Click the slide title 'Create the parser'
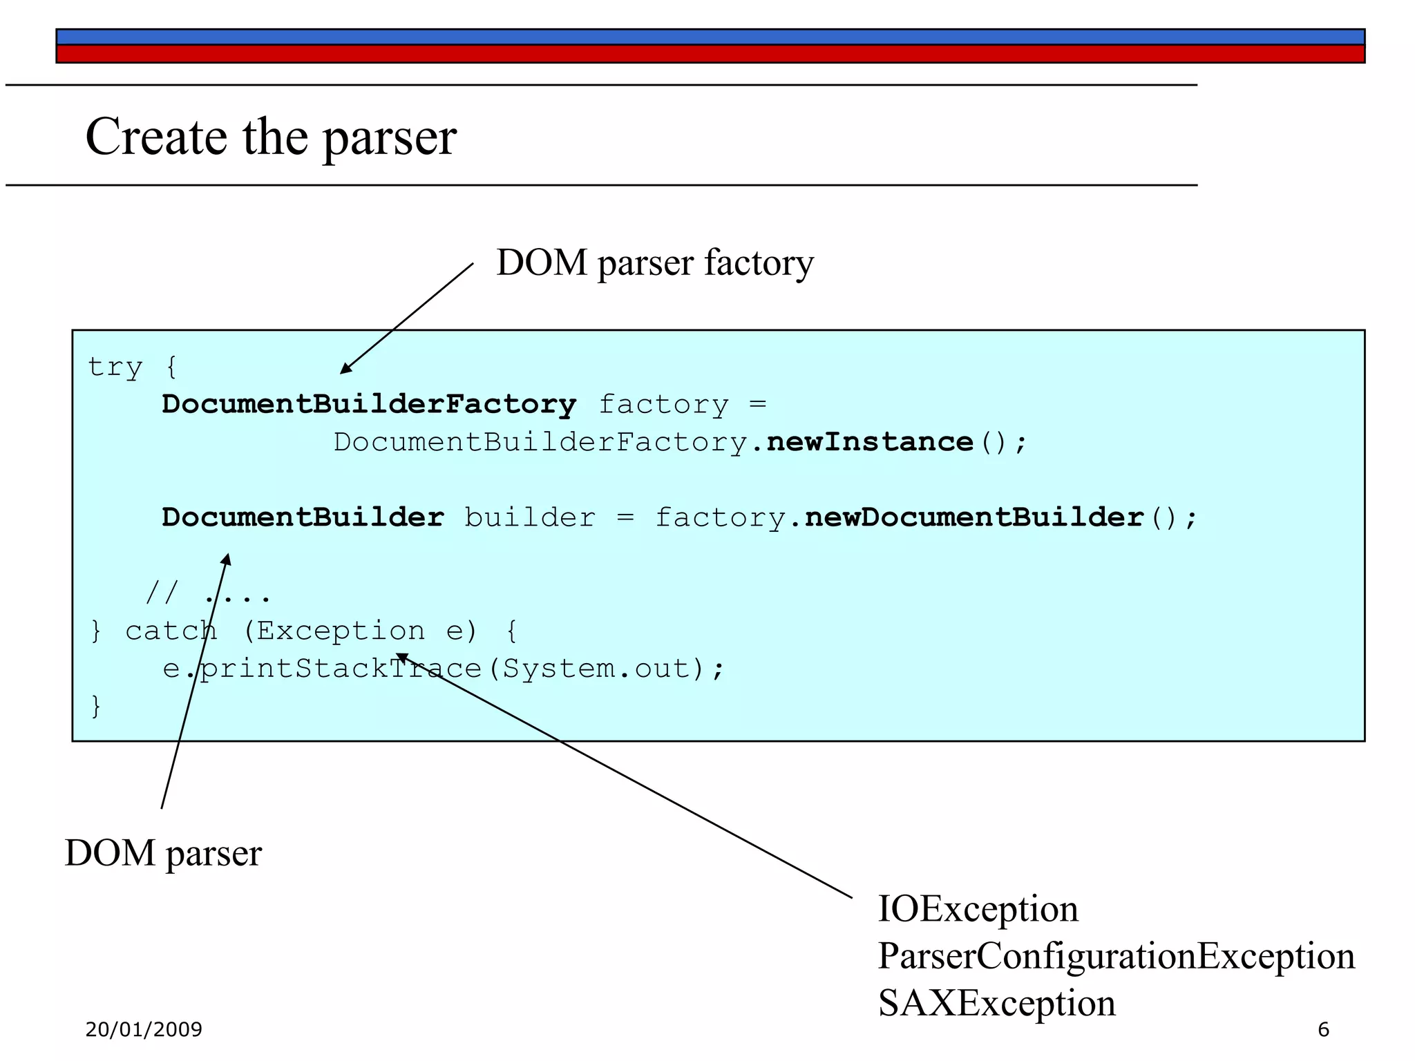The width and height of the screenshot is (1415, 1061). tap(270, 137)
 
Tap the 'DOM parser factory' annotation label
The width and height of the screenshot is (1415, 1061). tap(654, 263)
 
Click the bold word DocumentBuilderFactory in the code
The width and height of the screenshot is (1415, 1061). tap(369, 404)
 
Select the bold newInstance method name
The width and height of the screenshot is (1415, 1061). tap(870, 442)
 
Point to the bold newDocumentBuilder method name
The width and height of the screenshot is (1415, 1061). tap(974, 517)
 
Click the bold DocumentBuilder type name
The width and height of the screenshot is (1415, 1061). tap(303, 517)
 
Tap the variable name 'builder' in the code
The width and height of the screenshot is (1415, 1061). tap(529, 517)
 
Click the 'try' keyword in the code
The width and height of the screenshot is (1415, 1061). tap(115, 367)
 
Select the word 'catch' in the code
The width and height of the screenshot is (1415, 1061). tap(171, 631)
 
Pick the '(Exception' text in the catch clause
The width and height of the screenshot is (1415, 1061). tap(334, 631)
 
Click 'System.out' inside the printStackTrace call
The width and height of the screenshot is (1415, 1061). tap(596, 669)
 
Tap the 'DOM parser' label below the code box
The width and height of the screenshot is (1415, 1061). tap(163, 853)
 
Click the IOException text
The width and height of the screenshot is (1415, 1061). tap(977, 909)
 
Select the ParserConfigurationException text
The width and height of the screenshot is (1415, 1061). tap(1115, 956)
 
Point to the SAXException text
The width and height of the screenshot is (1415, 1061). tap(996, 1003)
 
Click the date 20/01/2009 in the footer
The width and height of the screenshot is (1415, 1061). tap(144, 1030)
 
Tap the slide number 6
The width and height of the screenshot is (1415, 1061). tap(1323, 1030)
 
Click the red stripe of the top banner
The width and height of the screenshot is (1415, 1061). tap(710, 55)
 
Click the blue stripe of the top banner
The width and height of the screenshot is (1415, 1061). tap(710, 37)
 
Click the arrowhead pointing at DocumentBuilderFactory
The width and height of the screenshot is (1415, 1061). tap(345, 369)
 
